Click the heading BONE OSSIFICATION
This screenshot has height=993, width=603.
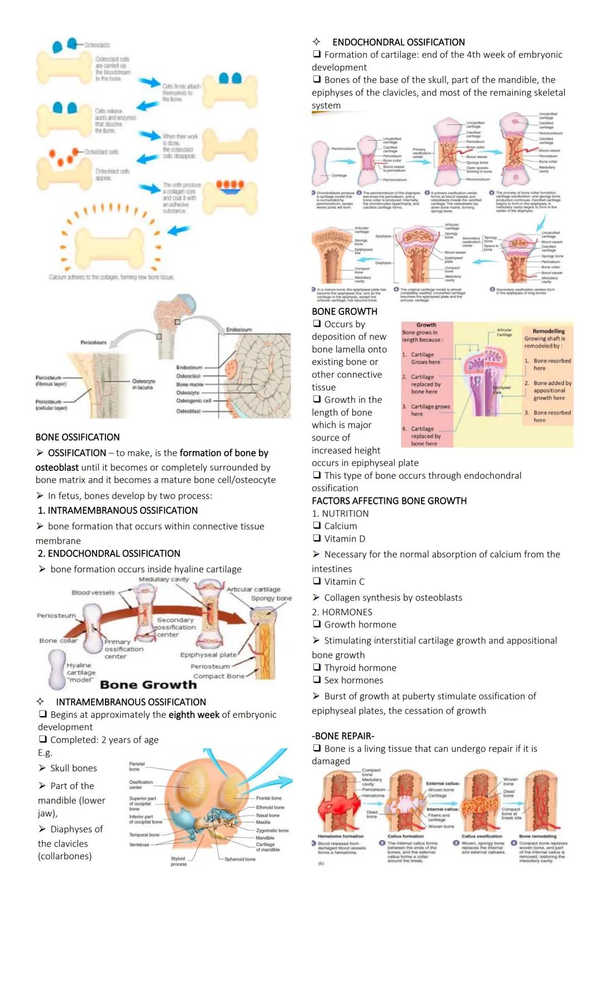[78, 437]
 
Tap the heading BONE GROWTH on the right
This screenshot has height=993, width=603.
[344, 312]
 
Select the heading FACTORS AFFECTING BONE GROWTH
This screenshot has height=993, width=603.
[389, 501]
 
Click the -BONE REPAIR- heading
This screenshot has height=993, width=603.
[343, 736]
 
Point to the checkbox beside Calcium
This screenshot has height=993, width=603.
[317, 526]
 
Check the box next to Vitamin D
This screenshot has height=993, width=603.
[317, 538]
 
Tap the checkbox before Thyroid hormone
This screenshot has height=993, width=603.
[317, 667]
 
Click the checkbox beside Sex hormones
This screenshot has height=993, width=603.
[317, 680]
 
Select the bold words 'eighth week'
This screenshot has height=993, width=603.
[194, 714]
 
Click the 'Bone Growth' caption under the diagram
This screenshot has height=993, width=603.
[148, 685]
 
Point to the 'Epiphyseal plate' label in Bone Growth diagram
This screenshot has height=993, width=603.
[208, 655]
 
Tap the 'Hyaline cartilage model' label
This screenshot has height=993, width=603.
[80, 672]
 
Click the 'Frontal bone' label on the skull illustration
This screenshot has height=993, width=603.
[269, 798]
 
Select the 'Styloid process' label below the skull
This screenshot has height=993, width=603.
[178, 861]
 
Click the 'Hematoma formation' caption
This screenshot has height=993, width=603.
[341, 836]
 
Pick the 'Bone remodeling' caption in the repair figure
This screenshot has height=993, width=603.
[538, 836]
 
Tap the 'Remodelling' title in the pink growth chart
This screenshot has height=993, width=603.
[548, 331]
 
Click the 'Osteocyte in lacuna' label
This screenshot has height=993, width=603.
[143, 384]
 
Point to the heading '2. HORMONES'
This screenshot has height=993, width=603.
[342, 612]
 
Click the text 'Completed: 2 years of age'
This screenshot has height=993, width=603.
[104, 739]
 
